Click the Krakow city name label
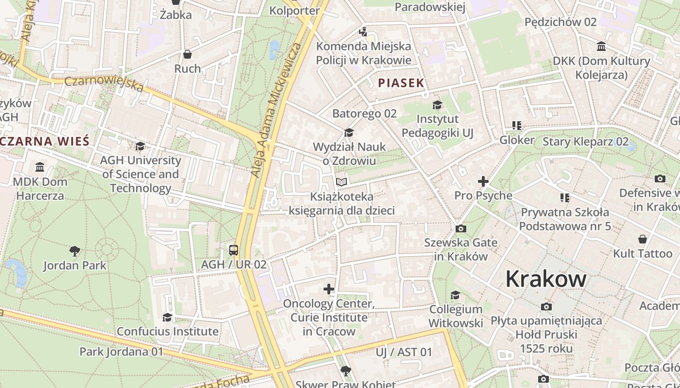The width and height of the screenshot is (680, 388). tap(545, 279)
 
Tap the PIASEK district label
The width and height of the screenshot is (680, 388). tap(401, 83)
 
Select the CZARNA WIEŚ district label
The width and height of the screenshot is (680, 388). tap(45, 142)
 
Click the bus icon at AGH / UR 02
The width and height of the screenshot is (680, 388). tap(234, 250)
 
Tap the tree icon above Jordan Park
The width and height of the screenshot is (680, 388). tap(74, 251)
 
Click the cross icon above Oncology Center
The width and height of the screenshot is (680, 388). tap(329, 290)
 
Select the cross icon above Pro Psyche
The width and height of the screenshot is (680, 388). tap(483, 181)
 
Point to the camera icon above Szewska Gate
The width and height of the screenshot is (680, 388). tap(460, 228)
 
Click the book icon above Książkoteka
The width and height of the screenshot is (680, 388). tap(341, 182)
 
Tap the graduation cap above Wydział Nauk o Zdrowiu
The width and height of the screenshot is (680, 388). tap(348, 133)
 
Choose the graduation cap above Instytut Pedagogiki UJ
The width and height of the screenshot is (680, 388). tap(437, 105)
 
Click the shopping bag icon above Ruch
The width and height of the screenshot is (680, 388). tap(187, 54)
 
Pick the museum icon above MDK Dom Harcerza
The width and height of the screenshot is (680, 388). tap(40, 167)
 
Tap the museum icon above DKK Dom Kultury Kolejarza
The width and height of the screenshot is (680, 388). tap(601, 47)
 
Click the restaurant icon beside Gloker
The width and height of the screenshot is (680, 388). tap(516, 126)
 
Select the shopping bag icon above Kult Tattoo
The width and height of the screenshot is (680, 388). tap(642, 239)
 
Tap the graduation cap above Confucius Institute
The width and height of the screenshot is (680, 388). tap(167, 317)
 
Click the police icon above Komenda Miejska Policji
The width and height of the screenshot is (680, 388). tap(363, 32)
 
